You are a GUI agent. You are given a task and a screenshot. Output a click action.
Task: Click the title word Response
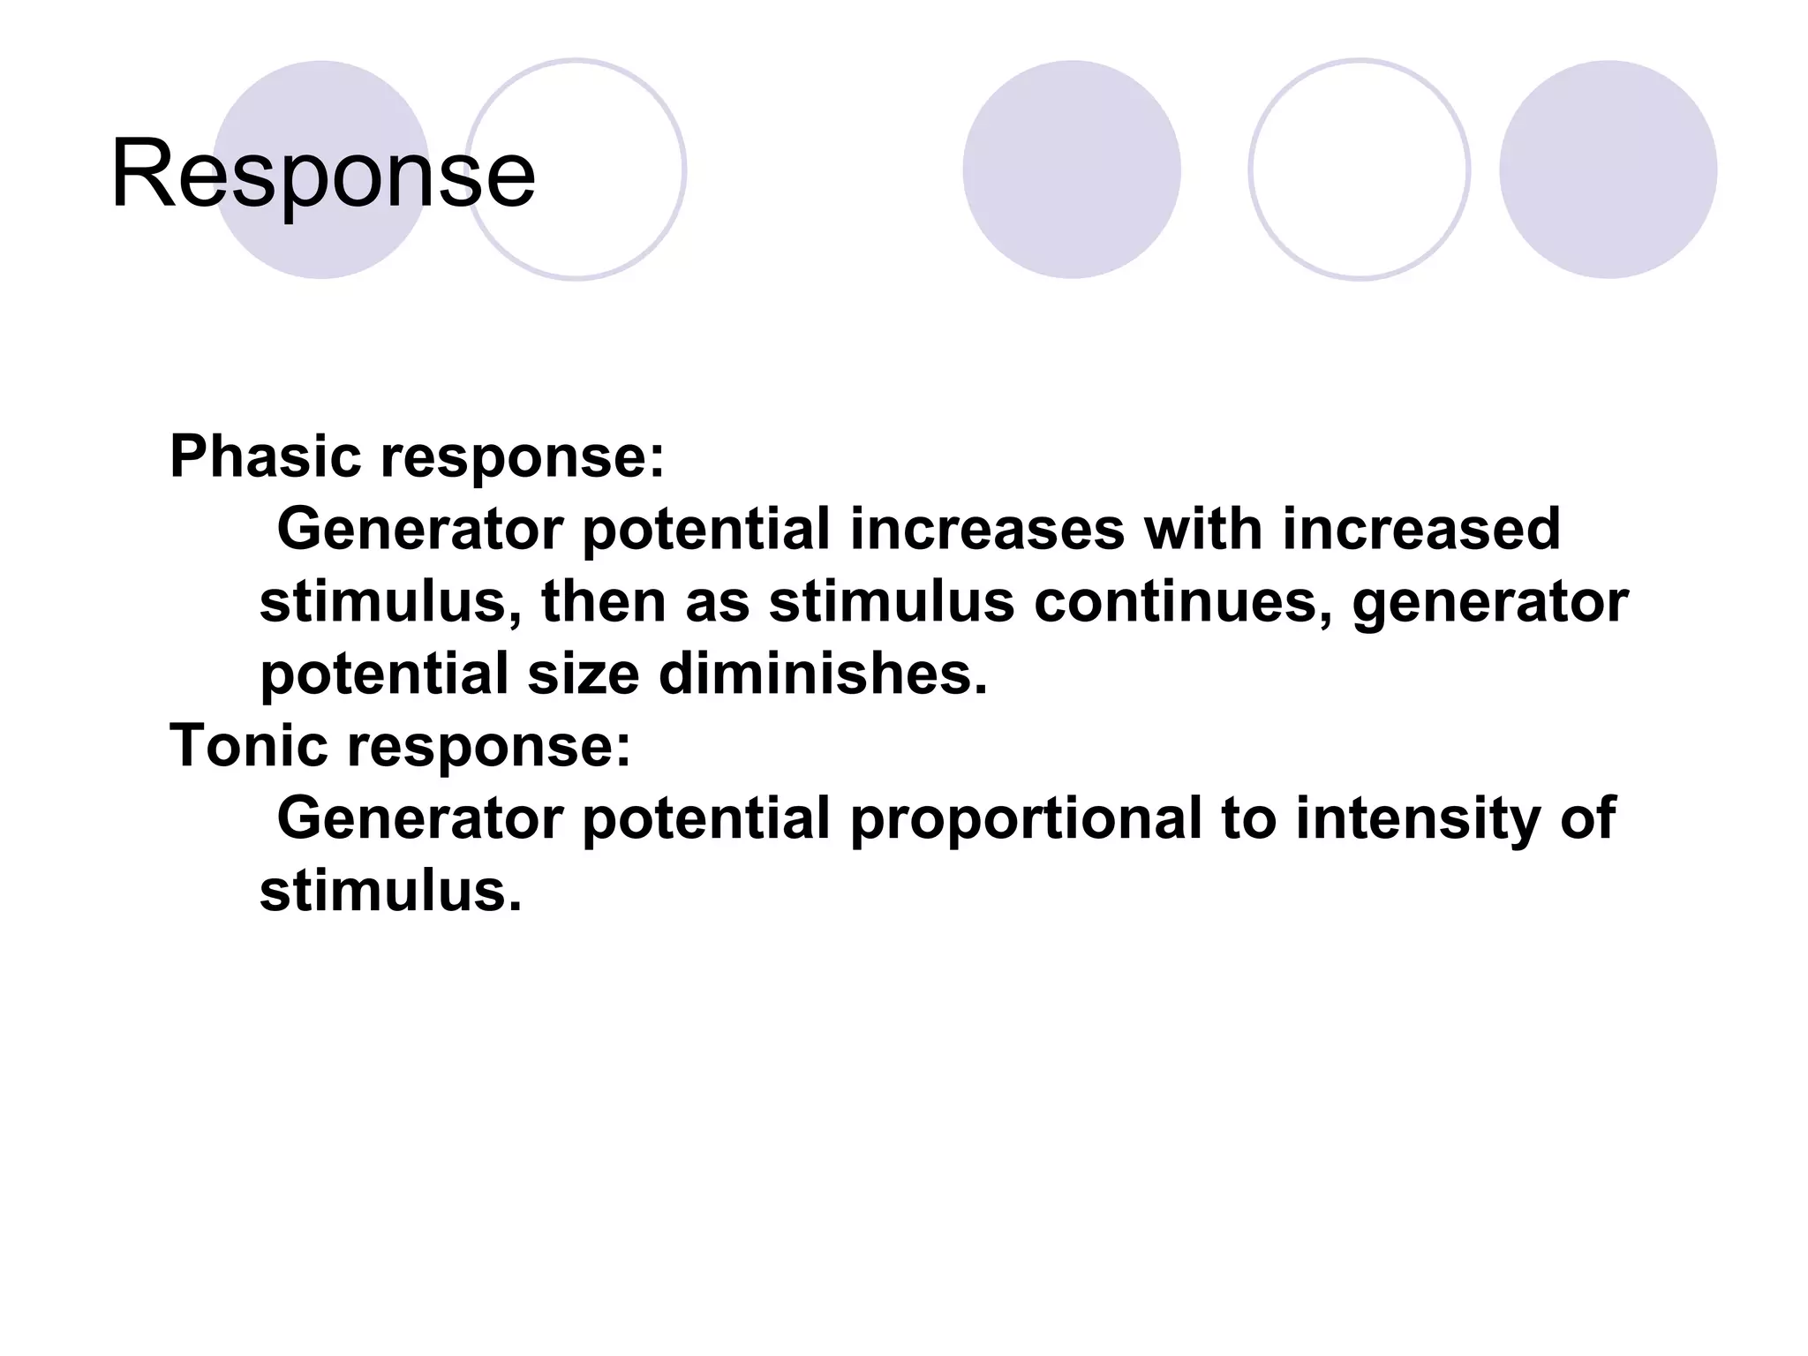click(x=322, y=174)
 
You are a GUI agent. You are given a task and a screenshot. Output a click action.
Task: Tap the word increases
click(x=987, y=530)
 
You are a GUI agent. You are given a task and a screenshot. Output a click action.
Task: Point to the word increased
click(x=1420, y=530)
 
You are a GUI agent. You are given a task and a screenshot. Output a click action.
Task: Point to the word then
click(x=603, y=602)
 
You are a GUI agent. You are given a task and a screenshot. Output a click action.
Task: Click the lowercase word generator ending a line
click(x=1489, y=602)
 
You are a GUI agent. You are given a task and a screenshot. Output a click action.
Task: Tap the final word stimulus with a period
click(x=390, y=891)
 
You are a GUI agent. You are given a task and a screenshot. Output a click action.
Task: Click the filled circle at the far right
click(x=1608, y=169)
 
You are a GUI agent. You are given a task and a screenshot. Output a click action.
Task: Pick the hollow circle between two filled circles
click(x=1359, y=169)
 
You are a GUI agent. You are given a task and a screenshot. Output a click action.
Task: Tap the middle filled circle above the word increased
click(x=1071, y=169)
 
